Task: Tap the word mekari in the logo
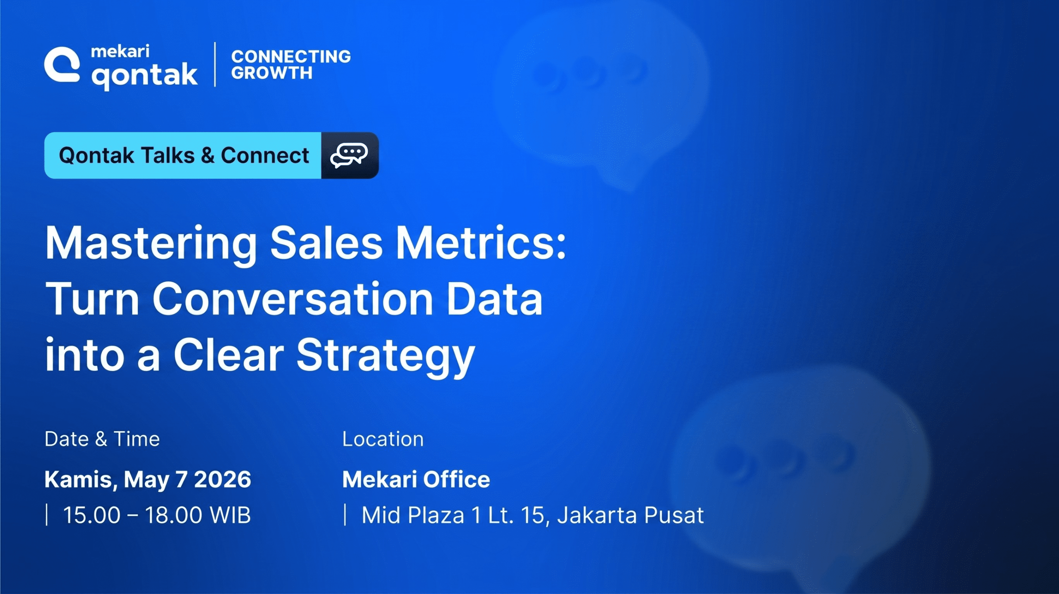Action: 120,51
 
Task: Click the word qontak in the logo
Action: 144,76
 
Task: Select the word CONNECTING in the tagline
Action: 291,57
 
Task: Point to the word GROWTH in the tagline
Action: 272,73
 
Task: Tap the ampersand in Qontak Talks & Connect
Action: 207,156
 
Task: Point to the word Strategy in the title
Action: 386,356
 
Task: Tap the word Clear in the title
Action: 228,354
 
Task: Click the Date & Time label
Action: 102,439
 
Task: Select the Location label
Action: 383,439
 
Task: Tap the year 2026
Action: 223,479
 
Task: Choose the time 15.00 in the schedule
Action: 91,515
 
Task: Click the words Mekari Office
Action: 416,479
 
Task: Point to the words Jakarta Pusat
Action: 630,515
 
